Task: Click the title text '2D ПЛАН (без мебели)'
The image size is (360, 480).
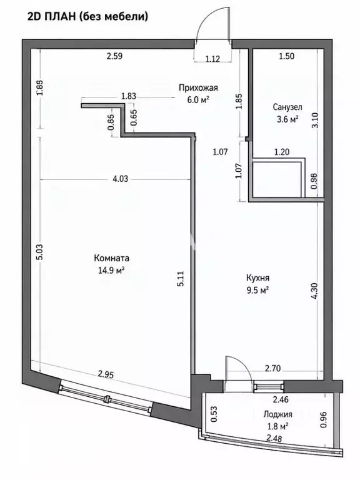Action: [x=88, y=16]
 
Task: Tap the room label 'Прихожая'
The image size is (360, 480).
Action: [x=198, y=88]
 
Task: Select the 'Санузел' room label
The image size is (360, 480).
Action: [x=287, y=107]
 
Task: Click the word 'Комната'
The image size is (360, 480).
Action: [x=111, y=258]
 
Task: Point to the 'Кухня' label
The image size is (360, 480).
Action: [x=257, y=278]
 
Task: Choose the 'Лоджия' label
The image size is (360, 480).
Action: [x=278, y=414]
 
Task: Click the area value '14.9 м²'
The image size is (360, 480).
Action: [x=111, y=270]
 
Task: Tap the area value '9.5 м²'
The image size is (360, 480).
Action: [x=257, y=290]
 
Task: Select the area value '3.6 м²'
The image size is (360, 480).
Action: [x=287, y=119]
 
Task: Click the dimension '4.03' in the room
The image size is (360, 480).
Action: [x=120, y=179]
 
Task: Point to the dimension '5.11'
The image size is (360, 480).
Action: [x=181, y=279]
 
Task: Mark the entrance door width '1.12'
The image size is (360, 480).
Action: [x=212, y=59]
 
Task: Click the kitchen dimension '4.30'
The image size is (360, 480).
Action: [x=315, y=291]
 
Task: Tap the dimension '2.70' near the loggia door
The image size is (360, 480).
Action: [x=272, y=368]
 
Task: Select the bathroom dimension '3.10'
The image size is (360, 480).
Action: [x=315, y=120]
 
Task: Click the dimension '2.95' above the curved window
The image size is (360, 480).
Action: [x=106, y=374]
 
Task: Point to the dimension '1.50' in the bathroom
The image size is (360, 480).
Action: [x=286, y=56]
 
